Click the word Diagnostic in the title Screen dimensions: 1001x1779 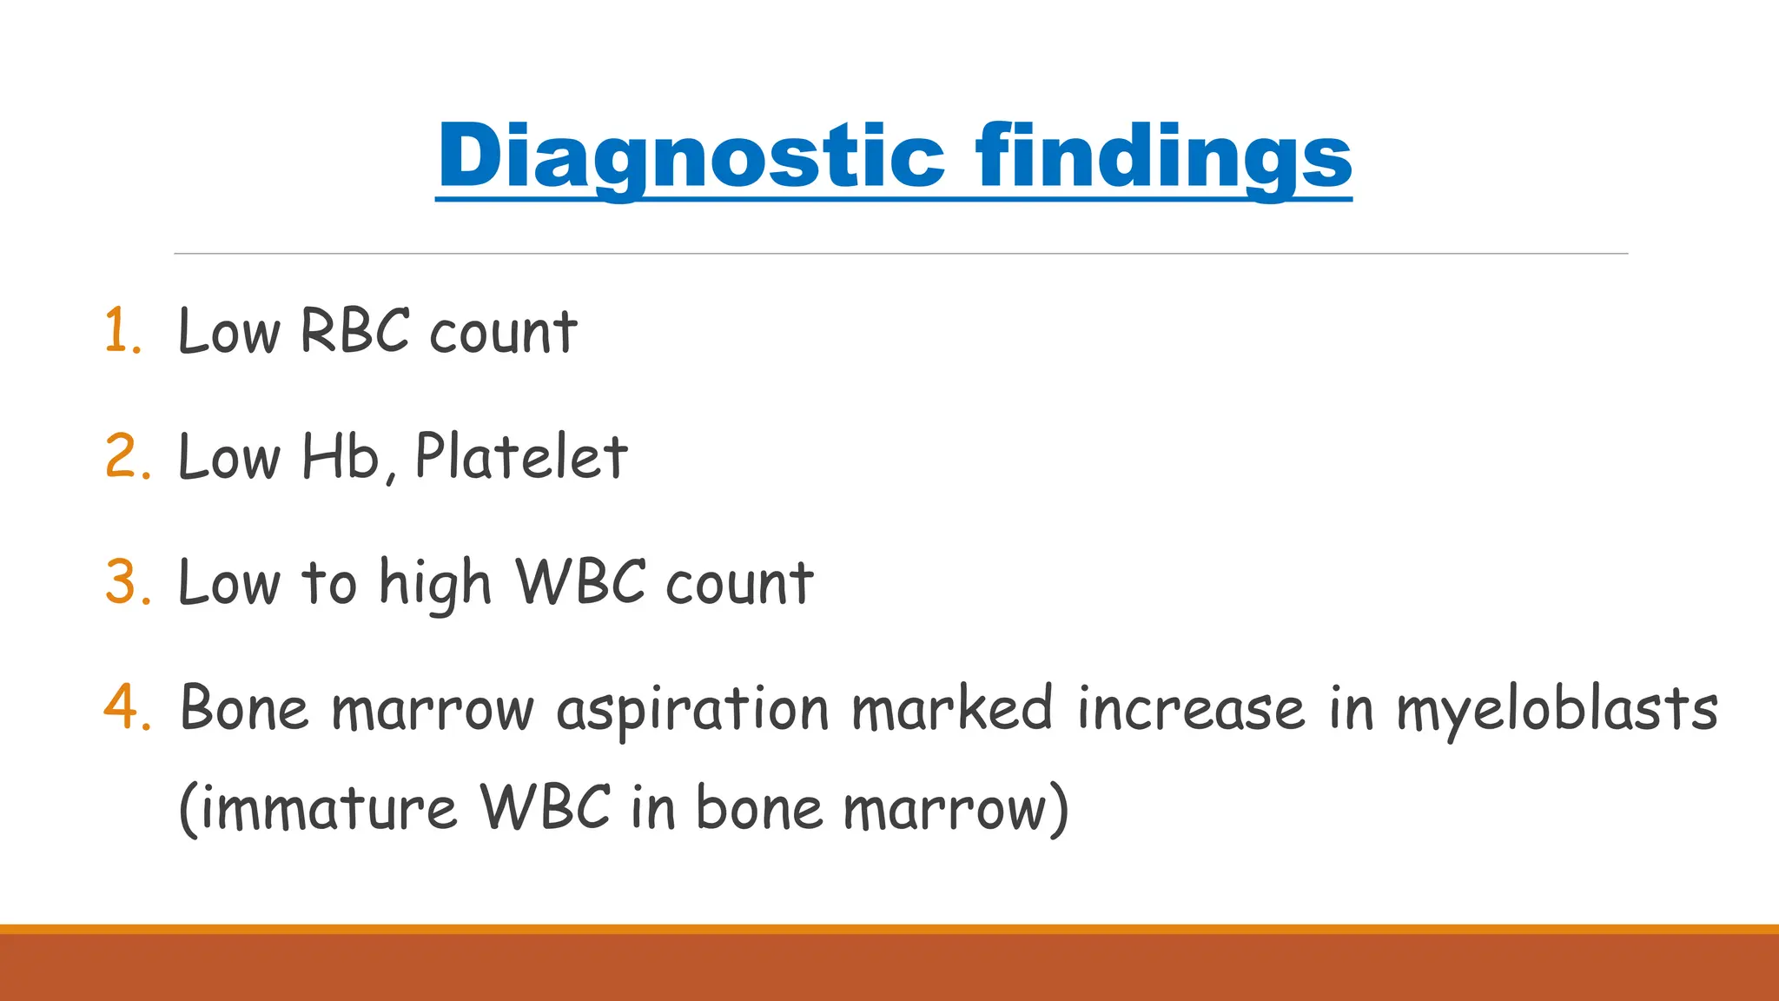click(x=691, y=156)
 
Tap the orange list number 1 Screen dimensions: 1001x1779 click(x=122, y=332)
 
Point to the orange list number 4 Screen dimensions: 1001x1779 click(x=127, y=707)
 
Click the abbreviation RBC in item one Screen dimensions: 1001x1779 click(x=354, y=331)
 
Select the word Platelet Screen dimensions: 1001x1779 click(x=521, y=456)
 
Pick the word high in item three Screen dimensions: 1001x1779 click(x=435, y=583)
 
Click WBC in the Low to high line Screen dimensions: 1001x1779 click(x=580, y=581)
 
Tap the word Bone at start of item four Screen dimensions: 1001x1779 click(x=244, y=707)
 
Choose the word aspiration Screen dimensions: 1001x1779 click(x=693, y=709)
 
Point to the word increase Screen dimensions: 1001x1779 click(x=1191, y=707)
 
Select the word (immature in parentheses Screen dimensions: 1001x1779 click(x=318, y=808)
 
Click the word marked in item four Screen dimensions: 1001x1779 click(x=952, y=707)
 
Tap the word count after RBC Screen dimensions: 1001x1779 click(x=503, y=332)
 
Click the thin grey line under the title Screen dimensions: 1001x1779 click(x=900, y=254)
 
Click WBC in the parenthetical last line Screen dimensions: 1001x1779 click(x=546, y=807)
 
